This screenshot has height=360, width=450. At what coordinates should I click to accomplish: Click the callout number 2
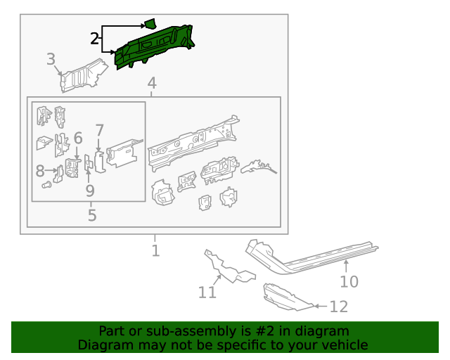[x=94, y=39]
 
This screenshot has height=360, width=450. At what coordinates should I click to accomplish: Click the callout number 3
[x=51, y=59]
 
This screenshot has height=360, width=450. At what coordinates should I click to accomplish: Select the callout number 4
[x=152, y=84]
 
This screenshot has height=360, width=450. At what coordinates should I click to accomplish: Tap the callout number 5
[x=92, y=214]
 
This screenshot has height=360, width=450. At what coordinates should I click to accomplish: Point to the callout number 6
[x=78, y=138]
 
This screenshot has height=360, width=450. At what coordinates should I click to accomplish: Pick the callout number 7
[x=100, y=130]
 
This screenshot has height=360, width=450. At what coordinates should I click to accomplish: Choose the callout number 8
[x=39, y=170]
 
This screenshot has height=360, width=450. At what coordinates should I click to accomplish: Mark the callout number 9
[x=90, y=190]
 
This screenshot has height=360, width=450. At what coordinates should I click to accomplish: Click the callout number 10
[x=349, y=282]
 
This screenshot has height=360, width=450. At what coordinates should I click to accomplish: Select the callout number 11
[x=207, y=291]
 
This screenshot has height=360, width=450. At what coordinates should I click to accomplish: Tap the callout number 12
[x=338, y=307]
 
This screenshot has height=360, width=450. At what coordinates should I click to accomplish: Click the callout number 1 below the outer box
[x=155, y=250]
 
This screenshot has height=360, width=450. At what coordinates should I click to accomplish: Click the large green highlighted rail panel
[x=155, y=47]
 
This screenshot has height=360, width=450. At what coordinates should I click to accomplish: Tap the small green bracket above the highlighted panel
[x=150, y=23]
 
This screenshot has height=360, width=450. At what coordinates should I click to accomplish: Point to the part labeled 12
[x=285, y=297]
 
